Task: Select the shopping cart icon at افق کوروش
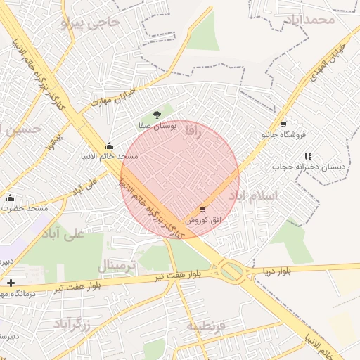point(203,209)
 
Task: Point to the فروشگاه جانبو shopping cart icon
point(283,123)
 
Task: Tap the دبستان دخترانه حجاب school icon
point(307,156)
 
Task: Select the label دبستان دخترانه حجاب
point(301,167)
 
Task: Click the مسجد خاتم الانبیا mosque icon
point(108,145)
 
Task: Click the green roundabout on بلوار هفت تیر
point(232,271)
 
